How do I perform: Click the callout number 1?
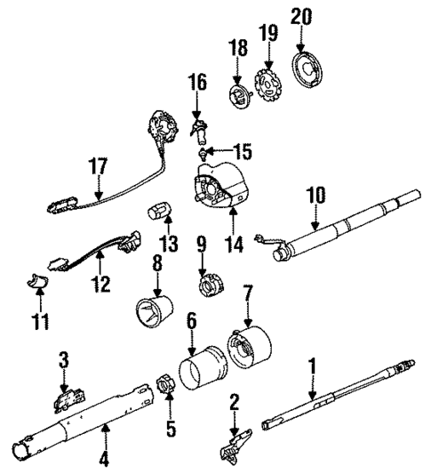pos(312,365)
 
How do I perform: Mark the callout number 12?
pos(100,285)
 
